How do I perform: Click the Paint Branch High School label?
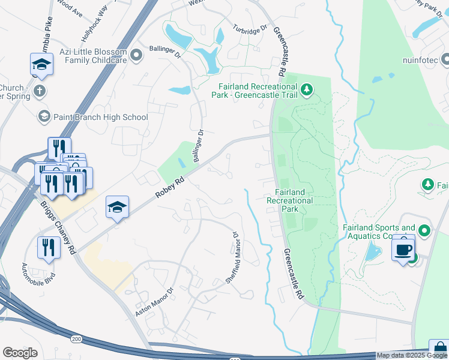pos(100,117)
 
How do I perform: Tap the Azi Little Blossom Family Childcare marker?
pos(136,56)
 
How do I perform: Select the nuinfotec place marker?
pos(445,60)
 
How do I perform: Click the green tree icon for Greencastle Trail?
pos(307,90)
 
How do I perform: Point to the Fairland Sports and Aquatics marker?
pos(424,230)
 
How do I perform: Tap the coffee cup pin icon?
pos(403,248)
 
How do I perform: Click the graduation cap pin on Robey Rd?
pos(118,208)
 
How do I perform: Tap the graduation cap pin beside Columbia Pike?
pos(41,64)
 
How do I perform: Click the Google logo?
pos(20,353)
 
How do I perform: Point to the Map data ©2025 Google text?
pos(412,355)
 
